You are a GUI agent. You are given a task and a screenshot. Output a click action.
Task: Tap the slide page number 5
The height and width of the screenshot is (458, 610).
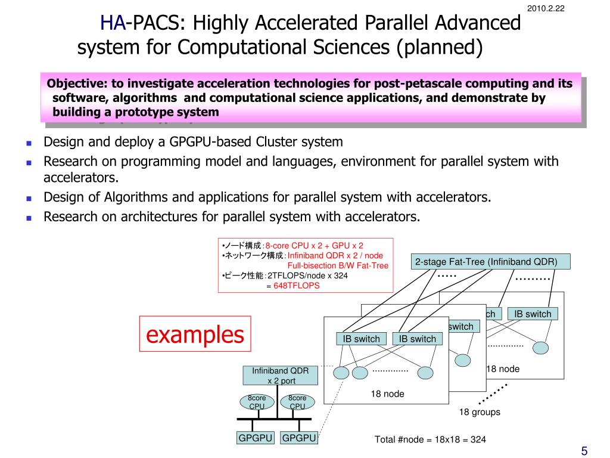click(x=584, y=450)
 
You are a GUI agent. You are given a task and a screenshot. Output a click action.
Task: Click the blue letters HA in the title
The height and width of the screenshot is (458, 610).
click(x=113, y=23)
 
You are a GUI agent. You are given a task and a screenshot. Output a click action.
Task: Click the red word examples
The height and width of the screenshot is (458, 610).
click(x=195, y=335)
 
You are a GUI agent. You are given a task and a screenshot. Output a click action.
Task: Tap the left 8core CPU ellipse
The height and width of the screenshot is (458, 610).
click(x=257, y=402)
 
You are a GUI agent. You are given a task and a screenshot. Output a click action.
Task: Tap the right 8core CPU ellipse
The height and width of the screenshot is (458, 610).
click(x=297, y=402)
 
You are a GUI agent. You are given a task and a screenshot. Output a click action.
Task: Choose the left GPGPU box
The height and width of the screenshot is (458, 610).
click(x=256, y=438)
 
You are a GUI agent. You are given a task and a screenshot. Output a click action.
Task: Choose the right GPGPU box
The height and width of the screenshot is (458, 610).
click(x=298, y=438)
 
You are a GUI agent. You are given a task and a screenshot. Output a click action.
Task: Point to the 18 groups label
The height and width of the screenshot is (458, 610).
click(x=479, y=412)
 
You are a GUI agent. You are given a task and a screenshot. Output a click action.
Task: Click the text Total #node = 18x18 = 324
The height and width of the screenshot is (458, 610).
click(x=430, y=440)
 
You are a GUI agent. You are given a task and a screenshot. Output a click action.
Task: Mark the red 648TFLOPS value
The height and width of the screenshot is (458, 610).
click(x=297, y=286)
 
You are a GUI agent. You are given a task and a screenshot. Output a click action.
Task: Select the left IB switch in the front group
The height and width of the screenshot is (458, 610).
click(x=361, y=339)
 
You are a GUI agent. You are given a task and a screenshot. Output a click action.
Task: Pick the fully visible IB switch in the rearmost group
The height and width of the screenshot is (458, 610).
click(x=533, y=314)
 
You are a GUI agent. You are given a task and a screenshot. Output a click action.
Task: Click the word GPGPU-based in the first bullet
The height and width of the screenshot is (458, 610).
click(x=216, y=142)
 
